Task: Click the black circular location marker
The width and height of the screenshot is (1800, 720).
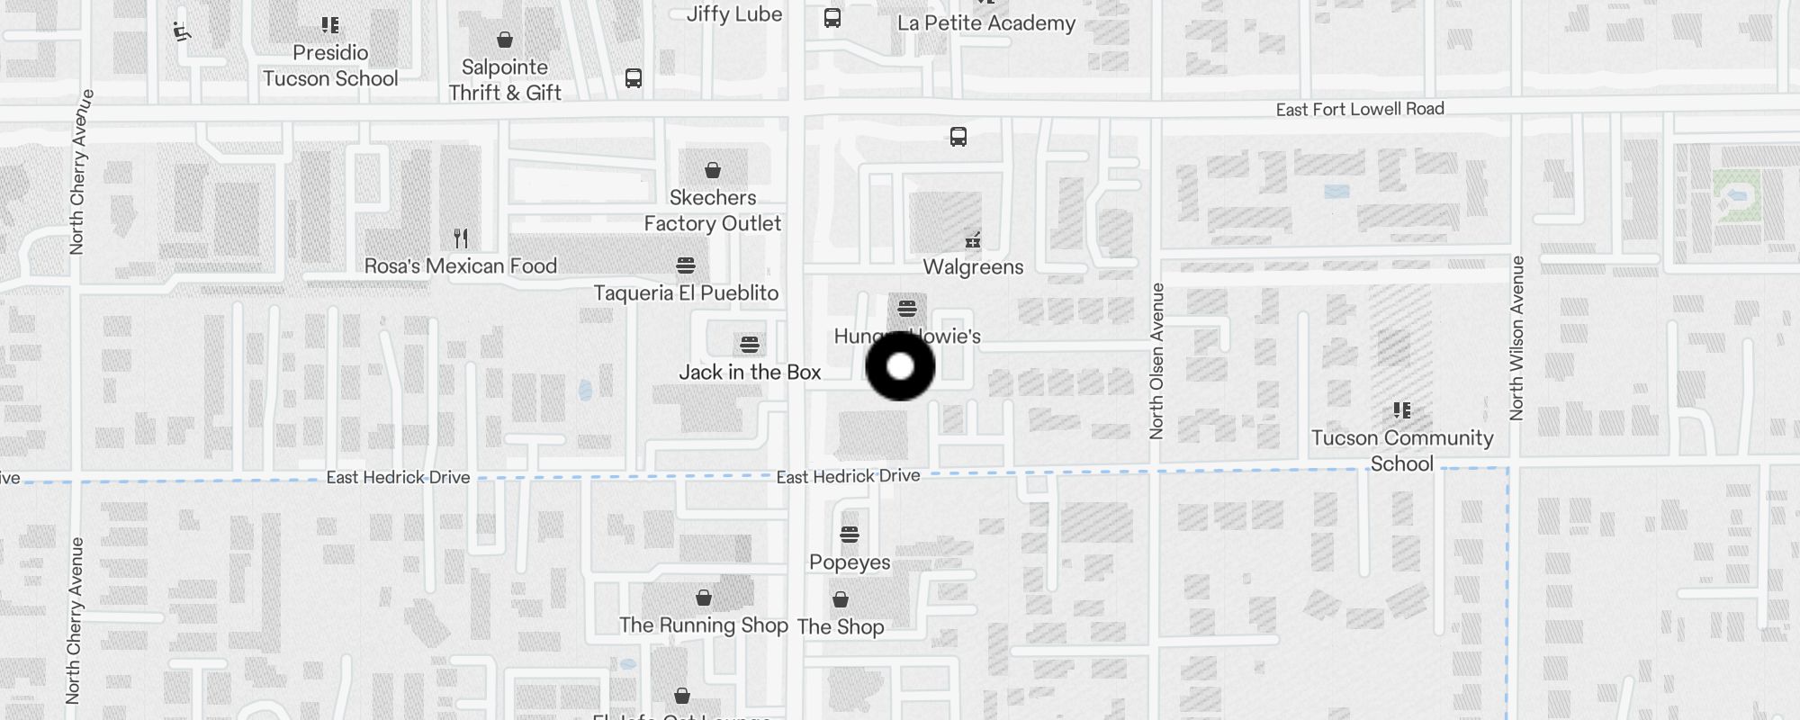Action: (900, 366)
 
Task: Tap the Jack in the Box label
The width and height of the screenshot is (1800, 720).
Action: (750, 372)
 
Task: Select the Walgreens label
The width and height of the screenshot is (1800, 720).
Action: (973, 267)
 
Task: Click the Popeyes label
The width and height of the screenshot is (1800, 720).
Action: (850, 562)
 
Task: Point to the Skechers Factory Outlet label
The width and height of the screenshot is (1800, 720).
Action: (713, 211)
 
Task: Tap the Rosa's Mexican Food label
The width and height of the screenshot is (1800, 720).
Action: (461, 266)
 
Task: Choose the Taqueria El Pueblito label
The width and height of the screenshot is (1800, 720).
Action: (686, 293)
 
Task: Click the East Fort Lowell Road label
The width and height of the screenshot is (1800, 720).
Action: (1359, 110)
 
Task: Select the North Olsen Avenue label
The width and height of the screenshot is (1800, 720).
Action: (1157, 361)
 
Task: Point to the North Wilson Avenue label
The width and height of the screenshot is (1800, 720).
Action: (1517, 337)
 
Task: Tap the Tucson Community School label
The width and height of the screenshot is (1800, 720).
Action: (1402, 451)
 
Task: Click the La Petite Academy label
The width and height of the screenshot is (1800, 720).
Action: (986, 23)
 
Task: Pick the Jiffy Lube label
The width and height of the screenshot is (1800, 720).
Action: (734, 14)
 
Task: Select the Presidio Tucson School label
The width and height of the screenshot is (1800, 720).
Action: (330, 66)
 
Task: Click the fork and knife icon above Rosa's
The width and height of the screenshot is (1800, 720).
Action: (461, 238)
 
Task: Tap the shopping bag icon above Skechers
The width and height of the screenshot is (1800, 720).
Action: (713, 170)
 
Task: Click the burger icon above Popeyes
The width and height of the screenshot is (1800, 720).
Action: (849, 535)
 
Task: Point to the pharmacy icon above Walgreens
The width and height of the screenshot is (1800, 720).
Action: (972, 240)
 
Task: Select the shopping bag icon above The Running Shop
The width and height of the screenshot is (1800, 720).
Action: (704, 598)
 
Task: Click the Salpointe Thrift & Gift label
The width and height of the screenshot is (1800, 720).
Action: (505, 80)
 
